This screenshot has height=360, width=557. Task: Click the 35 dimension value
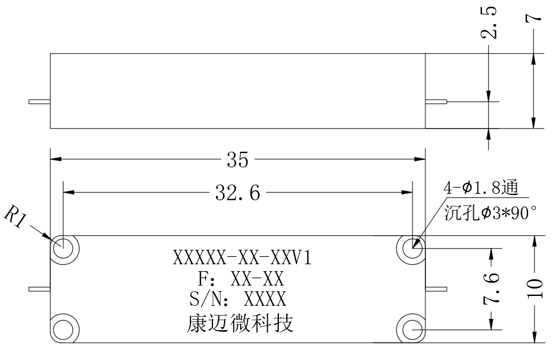tap(238, 160)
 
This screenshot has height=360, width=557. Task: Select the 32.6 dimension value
tap(238, 193)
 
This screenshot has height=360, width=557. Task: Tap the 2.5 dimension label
tap(489, 22)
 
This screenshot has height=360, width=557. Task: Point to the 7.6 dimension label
tap(491, 288)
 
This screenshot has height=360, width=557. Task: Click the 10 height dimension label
tap(535, 288)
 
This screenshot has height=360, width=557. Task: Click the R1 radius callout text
tap(15, 216)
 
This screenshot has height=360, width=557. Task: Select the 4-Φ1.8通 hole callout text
tap(481, 188)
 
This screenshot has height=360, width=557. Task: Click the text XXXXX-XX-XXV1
tap(242, 258)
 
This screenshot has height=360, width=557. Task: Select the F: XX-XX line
tap(241, 279)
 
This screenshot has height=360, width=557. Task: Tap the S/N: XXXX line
tap(238, 299)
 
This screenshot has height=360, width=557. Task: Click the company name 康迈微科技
tap(240, 324)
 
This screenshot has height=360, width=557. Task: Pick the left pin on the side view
tap(39, 102)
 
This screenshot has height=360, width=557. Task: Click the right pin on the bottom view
tap(436, 289)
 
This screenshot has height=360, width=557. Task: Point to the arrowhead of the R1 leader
tap(50, 238)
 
